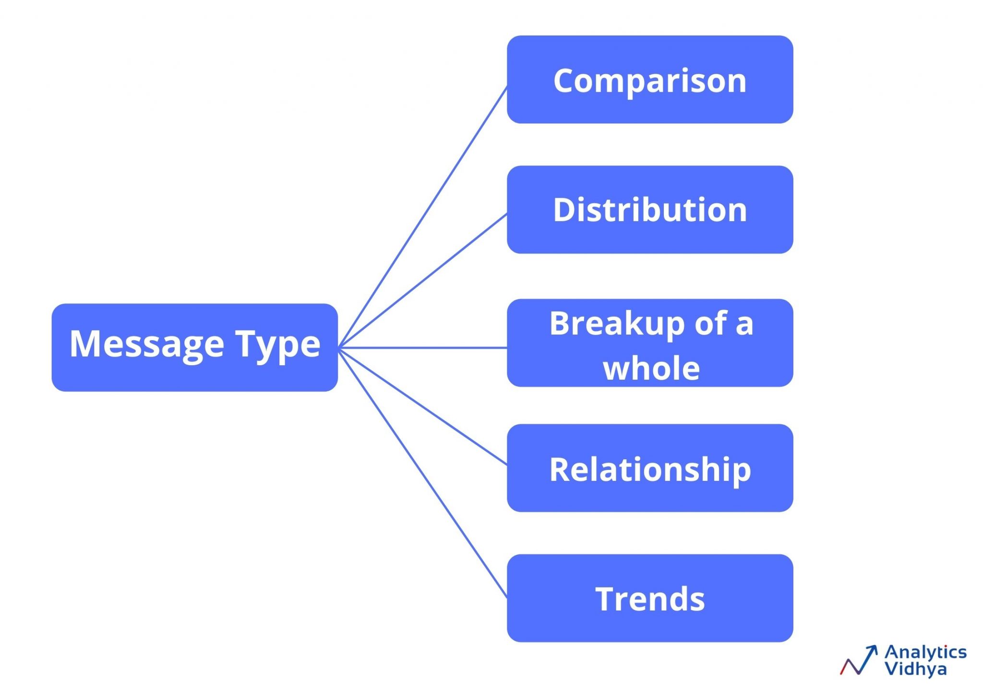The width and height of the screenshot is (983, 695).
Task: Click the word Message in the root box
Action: click(x=146, y=344)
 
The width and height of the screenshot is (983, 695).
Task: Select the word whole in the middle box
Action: click(x=651, y=369)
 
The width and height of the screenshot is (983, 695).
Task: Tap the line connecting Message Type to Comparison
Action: click(x=422, y=217)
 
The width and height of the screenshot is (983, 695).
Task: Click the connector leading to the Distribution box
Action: click(x=422, y=281)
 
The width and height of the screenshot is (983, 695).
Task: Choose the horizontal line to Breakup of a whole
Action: click(x=422, y=347)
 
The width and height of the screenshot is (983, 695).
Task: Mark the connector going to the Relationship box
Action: click(x=422, y=406)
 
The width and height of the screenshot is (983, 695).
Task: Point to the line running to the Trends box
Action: click(x=422, y=473)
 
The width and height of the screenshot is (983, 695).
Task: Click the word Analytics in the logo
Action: click(x=925, y=653)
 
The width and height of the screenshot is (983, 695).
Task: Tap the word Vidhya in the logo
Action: click(x=915, y=669)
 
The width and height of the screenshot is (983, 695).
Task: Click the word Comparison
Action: click(x=649, y=81)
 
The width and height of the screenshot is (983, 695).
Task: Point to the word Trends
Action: click(x=649, y=599)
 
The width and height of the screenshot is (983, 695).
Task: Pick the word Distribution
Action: click(x=649, y=210)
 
